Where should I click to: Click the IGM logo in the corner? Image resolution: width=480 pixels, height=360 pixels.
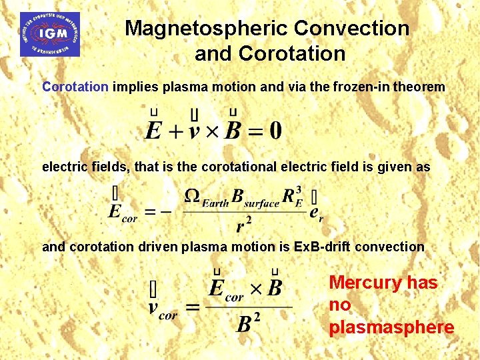tap(49, 34)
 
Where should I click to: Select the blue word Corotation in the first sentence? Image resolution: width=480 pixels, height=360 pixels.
tap(75, 87)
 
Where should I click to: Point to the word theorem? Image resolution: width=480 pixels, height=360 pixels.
tap(421, 87)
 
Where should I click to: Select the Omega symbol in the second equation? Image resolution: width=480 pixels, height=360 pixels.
tap(191, 197)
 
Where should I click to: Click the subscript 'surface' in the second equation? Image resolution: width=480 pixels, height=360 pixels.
tap(261, 203)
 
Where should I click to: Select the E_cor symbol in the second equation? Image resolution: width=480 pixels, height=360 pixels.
tap(122, 212)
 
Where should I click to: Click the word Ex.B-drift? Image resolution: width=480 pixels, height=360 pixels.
tap(323, 247)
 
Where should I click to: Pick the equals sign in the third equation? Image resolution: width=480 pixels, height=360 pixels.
tap(193, 307)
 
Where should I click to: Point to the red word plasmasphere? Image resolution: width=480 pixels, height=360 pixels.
tap(391, 327)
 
